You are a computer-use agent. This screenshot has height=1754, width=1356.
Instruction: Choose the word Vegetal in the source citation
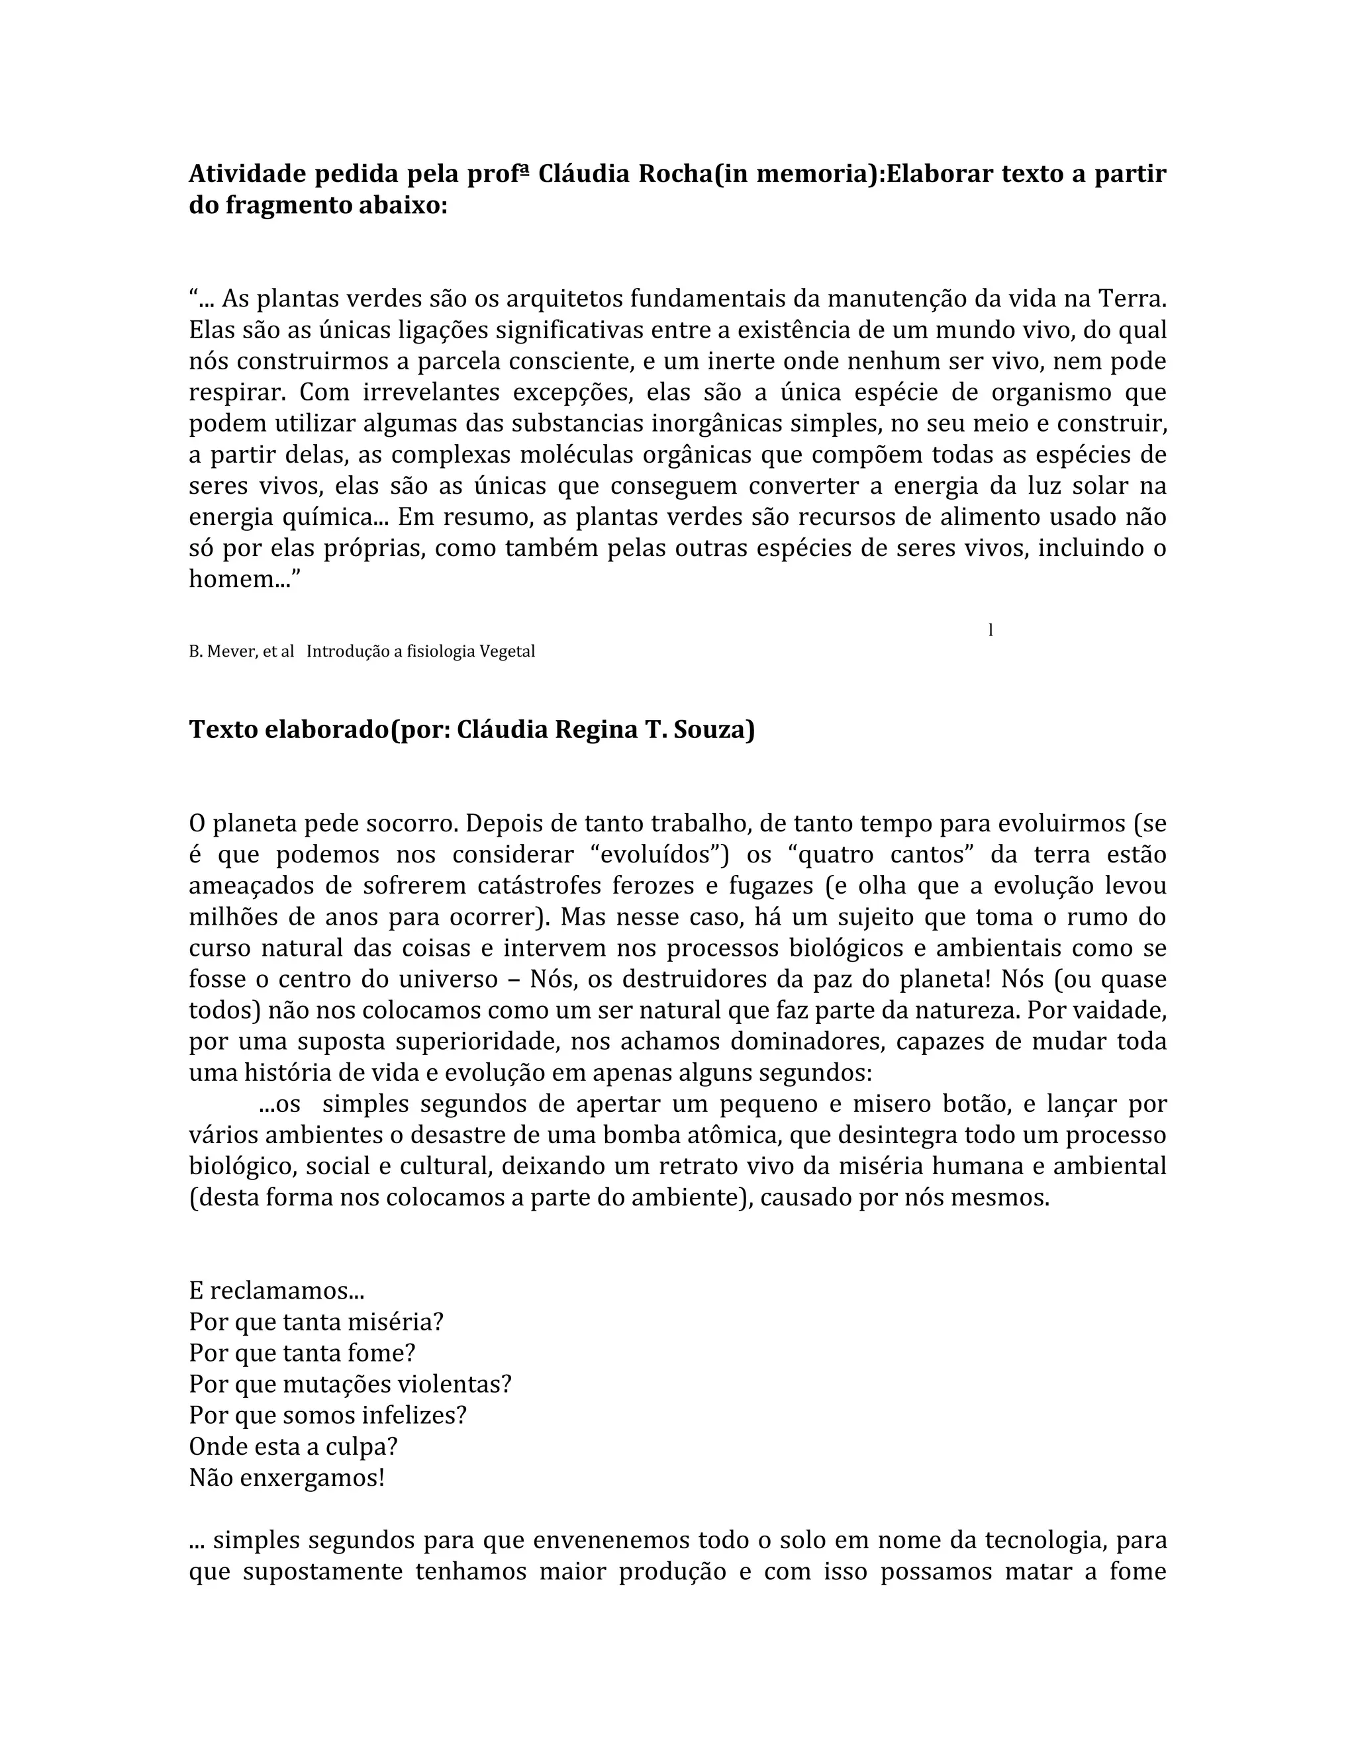pyautogui.click(x=507, y=651)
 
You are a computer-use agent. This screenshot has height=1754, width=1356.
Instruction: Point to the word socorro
pyautogui.click(x=411, y=824)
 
